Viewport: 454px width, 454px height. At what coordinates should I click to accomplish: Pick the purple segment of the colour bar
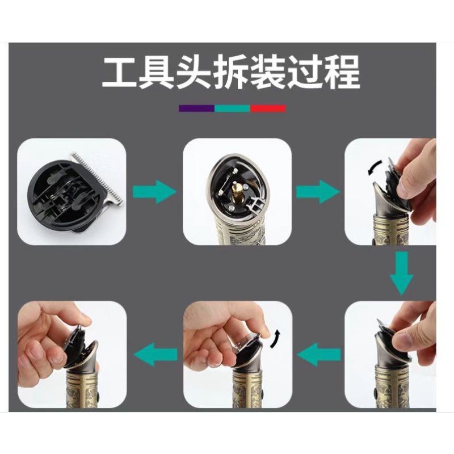point(196,108)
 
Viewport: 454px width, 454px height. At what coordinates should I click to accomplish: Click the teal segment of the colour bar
point(232,108)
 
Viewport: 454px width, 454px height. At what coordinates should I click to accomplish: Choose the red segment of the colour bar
point(268,108)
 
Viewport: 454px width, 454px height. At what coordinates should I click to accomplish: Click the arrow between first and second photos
point(154,191)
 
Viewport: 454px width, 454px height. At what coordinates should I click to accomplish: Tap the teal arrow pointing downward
point(401,273)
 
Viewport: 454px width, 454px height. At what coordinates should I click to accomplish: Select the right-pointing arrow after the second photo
point(318,191)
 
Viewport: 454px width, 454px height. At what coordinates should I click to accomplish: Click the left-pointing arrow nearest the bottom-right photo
point(319,354)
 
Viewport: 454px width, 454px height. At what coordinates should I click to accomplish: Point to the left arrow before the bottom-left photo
point(155,354)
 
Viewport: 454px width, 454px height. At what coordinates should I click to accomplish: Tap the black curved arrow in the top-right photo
point(375,168)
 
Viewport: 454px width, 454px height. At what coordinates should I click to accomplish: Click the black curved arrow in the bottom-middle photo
point(275,338)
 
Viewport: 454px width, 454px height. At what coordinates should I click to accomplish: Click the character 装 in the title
point(268,72)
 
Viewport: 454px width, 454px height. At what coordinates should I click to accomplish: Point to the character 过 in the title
point(305,72)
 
